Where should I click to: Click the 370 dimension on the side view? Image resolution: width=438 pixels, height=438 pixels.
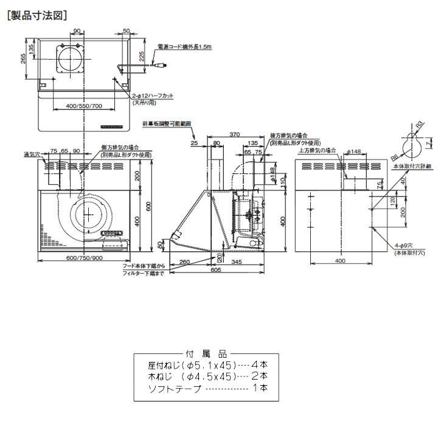point(234,134)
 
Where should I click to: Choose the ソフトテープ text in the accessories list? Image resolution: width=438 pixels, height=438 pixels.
point(174,388)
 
